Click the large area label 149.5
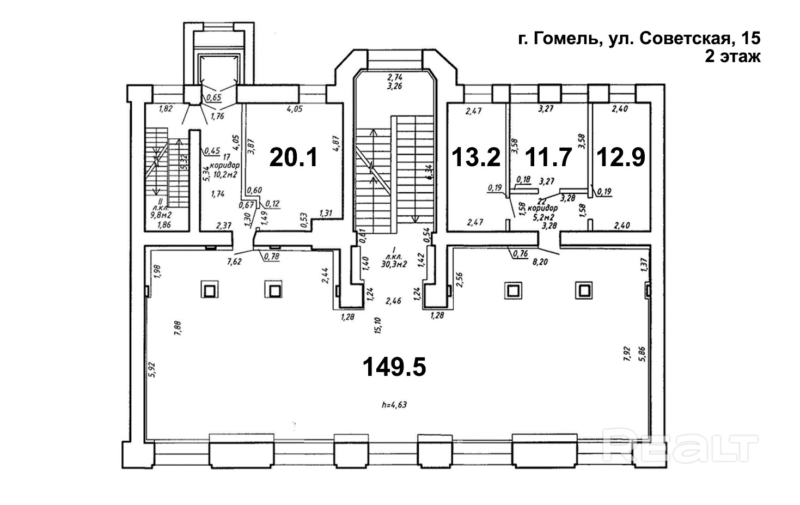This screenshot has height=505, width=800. coord(394,368)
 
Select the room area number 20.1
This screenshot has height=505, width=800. coord(294,158)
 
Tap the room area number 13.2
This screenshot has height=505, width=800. coord(476,158)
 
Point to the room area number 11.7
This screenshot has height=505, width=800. coord(548,158)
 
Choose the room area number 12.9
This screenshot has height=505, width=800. coord(621,158)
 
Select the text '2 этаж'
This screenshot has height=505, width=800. coord(732,57)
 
